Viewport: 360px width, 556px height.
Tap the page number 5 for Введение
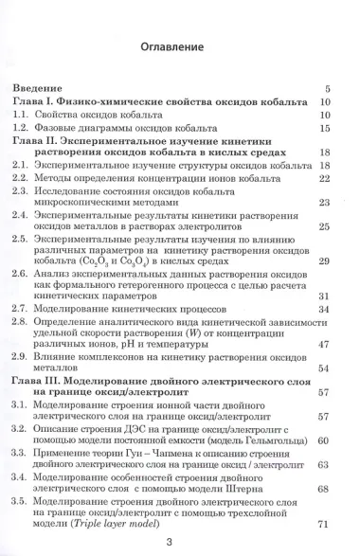click(326, 86)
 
